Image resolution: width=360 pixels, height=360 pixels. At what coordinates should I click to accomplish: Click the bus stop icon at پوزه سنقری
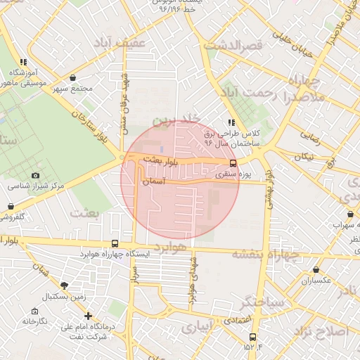pos(233,164)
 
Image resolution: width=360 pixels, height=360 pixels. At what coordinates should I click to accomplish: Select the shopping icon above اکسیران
pos(316,270)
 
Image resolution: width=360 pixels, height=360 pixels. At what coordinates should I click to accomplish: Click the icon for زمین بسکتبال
pos(65,285)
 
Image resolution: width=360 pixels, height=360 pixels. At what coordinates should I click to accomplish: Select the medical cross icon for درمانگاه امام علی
pos(87,316)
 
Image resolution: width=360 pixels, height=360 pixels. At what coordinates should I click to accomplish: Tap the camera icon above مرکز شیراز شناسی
pos(36,175)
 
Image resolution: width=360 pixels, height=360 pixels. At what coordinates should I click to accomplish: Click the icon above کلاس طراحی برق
pos(232,122)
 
